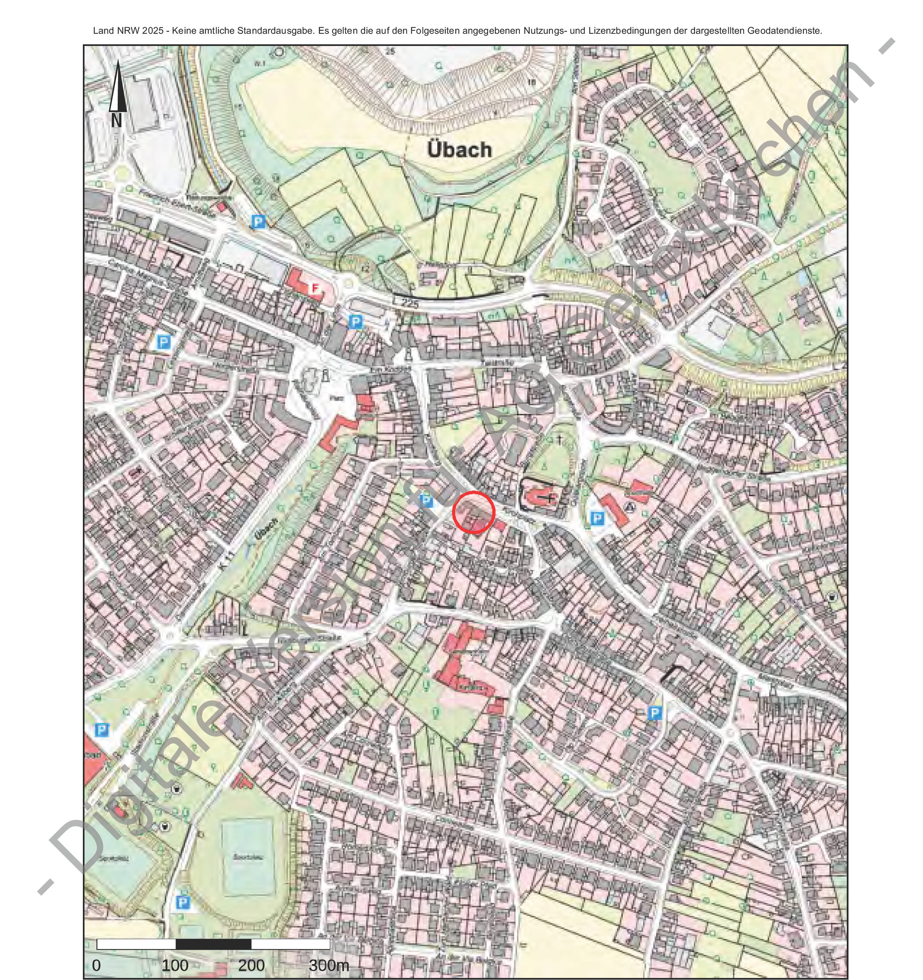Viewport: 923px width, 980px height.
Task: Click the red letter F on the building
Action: tap(314, 288)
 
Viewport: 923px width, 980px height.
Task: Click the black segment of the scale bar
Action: tap(213, 944)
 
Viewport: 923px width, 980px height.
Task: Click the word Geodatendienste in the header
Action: tap(784, 31)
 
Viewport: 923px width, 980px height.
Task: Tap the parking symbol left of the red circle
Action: tap(426, 501)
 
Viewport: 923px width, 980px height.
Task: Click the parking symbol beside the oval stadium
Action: tap(182, 903)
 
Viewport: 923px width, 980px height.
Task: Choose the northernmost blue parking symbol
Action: tap(257, 222)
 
